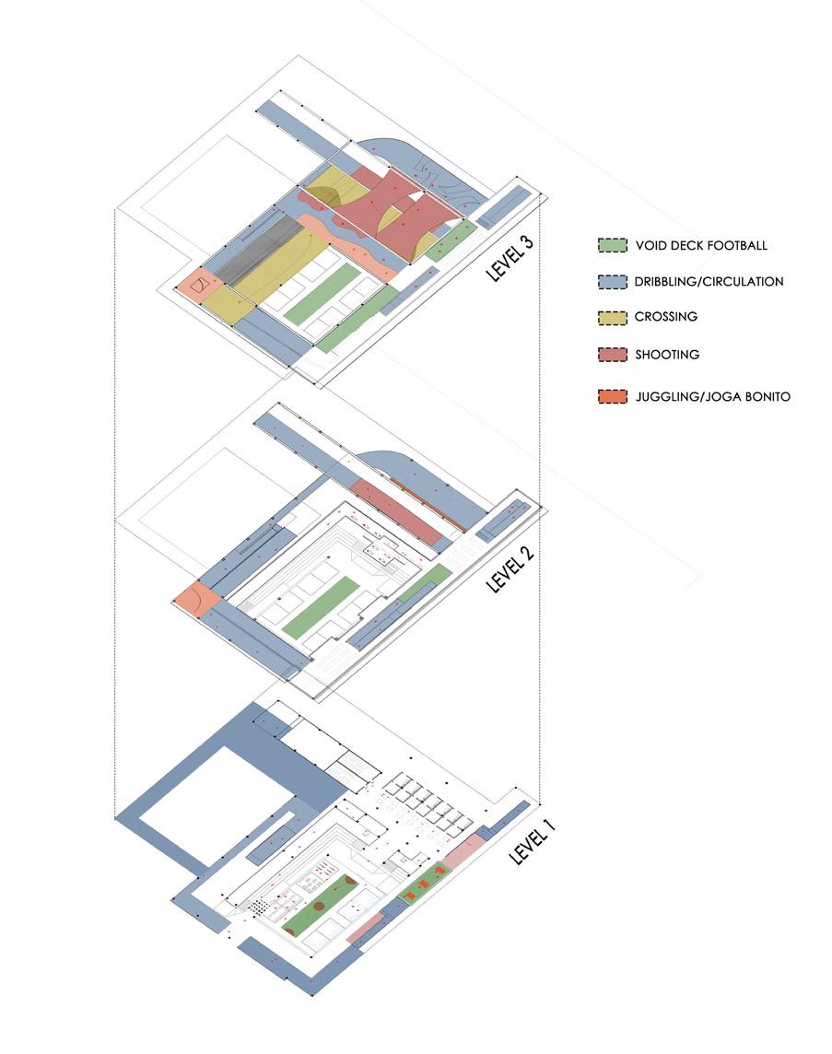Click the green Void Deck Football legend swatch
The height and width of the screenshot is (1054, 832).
coord(611,246)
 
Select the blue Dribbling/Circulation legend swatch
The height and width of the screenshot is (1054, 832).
coord(611,281)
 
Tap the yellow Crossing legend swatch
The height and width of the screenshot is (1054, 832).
coord(611,317)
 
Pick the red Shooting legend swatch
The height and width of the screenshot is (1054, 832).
coord(611,355)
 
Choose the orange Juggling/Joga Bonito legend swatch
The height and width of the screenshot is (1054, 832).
coord(611,397)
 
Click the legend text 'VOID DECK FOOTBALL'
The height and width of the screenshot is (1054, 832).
coord(700,246)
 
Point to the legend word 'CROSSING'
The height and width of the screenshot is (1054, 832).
coord(665,317)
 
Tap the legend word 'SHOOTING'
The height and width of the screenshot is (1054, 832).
coord(667,355)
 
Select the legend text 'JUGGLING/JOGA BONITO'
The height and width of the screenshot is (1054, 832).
coord(711,397)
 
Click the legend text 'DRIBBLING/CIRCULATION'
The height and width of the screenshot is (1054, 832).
coord(709,281)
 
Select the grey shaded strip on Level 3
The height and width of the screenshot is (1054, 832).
coord(262,243)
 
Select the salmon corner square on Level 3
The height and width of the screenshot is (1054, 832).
coord(194,287)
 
